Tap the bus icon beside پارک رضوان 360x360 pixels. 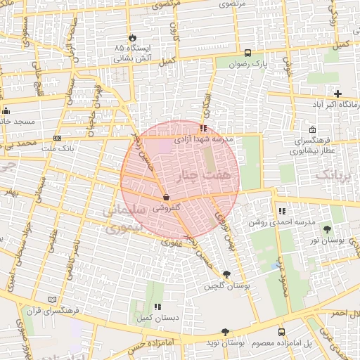(247, 53)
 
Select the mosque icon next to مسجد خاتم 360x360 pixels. (6, 110)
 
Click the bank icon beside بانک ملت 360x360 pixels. (56, 138)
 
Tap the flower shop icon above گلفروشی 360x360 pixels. (166, 198)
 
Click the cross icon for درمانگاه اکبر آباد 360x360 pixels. (338, 94)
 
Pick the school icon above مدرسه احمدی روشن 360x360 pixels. (282, 211)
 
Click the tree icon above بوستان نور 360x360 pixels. (327, 229)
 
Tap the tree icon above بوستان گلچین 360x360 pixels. (226, 274)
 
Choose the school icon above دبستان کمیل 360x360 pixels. (157, 307)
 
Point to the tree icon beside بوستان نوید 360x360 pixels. (225, 332)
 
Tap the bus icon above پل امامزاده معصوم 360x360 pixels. (282, 332)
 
